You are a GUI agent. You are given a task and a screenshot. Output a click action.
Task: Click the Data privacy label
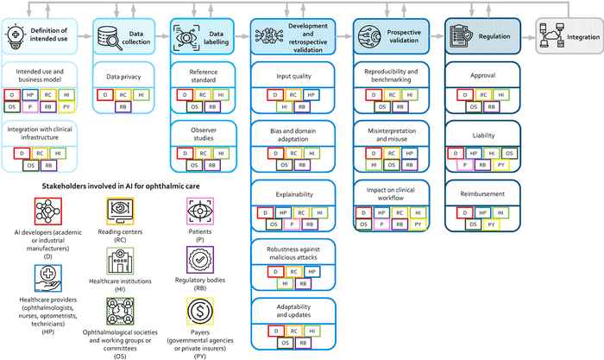coord(123,77)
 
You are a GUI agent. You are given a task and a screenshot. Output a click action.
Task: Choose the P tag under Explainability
coord(294,223)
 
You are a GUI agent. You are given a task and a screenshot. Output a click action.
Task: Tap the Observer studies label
coord(204,131)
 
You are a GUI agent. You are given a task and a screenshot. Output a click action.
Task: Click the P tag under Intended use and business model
coord(31,107)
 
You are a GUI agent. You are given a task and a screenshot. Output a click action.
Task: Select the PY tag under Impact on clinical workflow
coord(414,224)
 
